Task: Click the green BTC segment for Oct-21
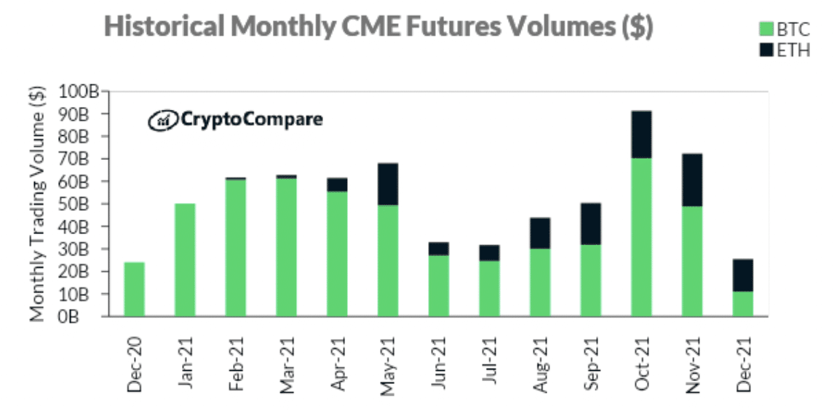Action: click(641, 237)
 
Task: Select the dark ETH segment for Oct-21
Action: click(641, 135)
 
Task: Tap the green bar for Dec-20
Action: click(134, 289)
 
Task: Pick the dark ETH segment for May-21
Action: click(387, 184)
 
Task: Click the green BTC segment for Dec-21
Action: click(742, 303)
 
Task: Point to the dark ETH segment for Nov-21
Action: click(691, 180)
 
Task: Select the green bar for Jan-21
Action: click(185, 260)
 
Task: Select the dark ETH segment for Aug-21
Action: click(539, 233)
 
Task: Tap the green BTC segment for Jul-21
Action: click(489, 288)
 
